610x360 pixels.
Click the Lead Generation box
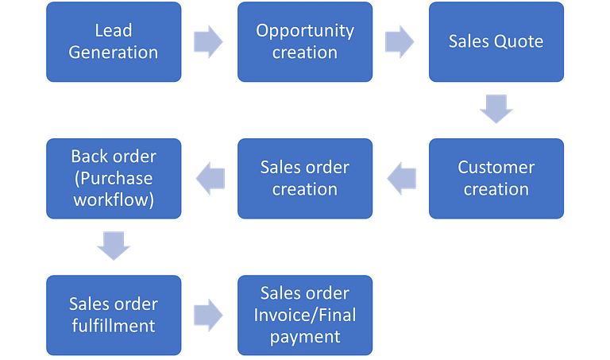[114, 42]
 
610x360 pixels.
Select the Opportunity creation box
[305, 42]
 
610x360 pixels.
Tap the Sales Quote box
[496, 42]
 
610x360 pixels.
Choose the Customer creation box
[496, 178]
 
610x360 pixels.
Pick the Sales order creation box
[305, 178]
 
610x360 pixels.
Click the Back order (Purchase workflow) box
[114, 178]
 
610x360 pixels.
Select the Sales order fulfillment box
[114, 315]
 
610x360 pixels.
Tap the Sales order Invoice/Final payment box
[305, 315]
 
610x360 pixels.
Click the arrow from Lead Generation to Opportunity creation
[209, 42]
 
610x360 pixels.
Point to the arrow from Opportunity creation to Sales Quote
[400, 42]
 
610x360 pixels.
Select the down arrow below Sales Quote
[496, 109]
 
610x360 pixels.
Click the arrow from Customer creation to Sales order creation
[401, 178]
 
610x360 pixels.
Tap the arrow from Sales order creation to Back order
[210, 178]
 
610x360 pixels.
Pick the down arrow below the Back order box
[114, 246]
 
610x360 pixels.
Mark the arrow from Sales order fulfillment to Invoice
[209, 315]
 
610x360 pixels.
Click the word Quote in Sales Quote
[521, 42]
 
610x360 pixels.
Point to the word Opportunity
[305, 31]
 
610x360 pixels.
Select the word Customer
[496, 168]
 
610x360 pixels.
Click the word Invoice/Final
[305, 315]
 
